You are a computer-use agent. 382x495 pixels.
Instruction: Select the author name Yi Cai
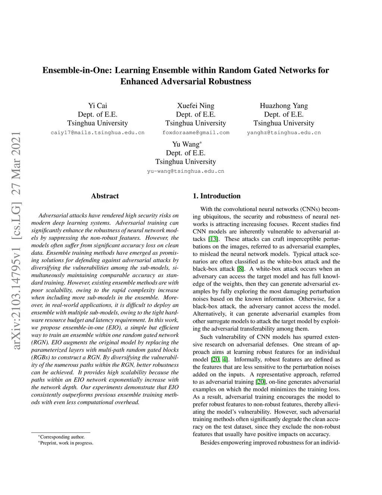[97, 106]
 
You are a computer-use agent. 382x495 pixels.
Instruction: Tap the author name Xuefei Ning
[195, 106]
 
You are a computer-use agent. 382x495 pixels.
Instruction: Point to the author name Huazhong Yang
[284, 106]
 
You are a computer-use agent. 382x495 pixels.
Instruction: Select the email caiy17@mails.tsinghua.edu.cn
[97, 133]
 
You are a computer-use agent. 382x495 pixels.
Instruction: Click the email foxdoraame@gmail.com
[196, 133]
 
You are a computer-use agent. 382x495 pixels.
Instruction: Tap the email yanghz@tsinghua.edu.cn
[284, 133]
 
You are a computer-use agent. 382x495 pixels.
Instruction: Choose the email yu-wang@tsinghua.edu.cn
[185, 171]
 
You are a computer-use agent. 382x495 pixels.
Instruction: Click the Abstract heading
[105, 196]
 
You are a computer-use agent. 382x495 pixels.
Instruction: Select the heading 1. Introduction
[216, 196]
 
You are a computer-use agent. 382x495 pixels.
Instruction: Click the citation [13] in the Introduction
[213, 239]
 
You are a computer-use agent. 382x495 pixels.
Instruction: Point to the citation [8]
[241, 269]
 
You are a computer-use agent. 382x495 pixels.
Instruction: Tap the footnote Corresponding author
[62, 437]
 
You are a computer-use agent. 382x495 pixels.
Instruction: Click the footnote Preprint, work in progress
[66, 443]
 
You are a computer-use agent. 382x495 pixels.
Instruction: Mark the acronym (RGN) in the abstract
[39, 343]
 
